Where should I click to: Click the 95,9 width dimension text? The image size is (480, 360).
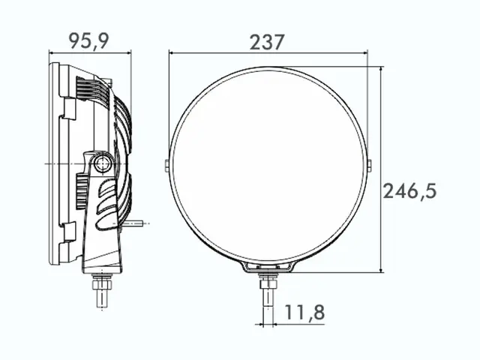coord(89,41)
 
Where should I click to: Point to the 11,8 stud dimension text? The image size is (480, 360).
coord(304,311)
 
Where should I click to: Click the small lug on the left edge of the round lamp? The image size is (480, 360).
coord(166,163)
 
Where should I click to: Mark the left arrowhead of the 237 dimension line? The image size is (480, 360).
coord(172,53)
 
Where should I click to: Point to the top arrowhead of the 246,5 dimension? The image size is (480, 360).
coord(381,70)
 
